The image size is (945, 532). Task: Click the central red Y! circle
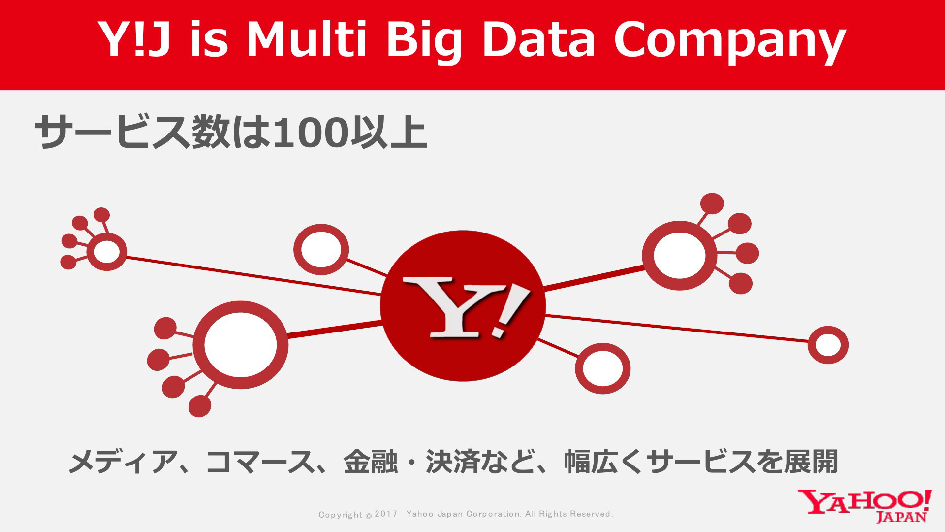point(463,306)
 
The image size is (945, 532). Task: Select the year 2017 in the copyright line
point(386,514)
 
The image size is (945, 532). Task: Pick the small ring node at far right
point(811,345)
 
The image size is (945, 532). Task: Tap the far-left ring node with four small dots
point(90,252)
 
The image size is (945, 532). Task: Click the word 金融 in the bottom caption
point(371,462)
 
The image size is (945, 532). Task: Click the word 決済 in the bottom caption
point(452,462)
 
